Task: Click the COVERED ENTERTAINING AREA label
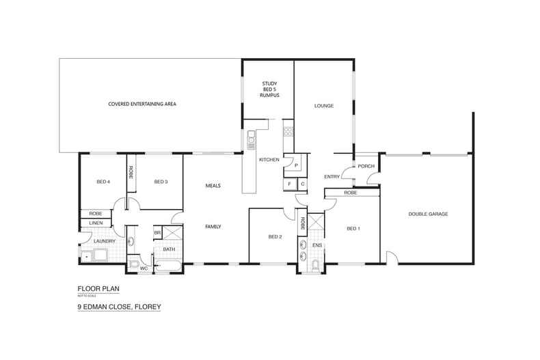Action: pyautogui.click(x=142, y=104)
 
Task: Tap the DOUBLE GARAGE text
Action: pyautogui.click(x=428, y=214)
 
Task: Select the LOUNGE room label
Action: pyautogui.click(x=323, y=106)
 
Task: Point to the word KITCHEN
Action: pyautogui.click(x=269, y=159)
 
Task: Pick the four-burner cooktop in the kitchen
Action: pyautogui.click(x=288, y=131)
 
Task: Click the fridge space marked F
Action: pyautogui.click(x=290, y=184)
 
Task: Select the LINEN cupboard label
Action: pyautogui.click(x=95, y=223)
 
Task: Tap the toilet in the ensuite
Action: pyautogui.click(x=314, y=264)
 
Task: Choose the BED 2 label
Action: pyautogui.click(x=275, y=237)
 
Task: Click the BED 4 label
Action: pyautogui.click(x=103, y=182)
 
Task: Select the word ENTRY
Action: pyautogui.click(x=332, y=177)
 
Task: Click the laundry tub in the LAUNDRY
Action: pyautogui.click(x=89, y=256)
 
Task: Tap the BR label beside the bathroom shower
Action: pyautogui.click(x=157, y=233)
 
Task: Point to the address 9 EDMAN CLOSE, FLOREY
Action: pyautogui.click(x=119, y=307)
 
